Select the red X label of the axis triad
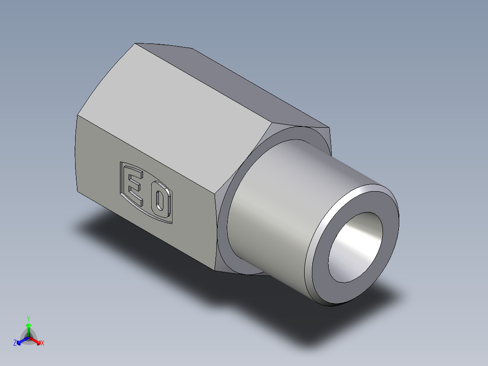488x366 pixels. tap(43, 343)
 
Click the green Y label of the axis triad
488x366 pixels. tap(29, 318)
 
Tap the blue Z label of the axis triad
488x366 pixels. tap(15, 343)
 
